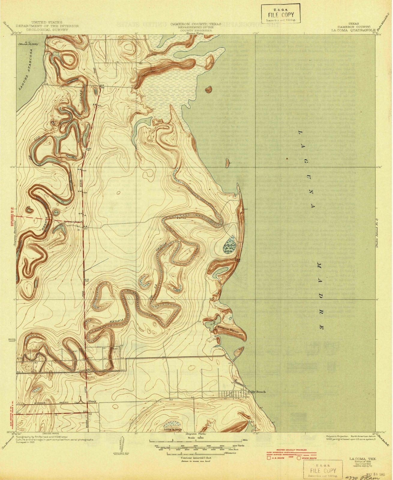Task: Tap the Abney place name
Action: pos(91,401)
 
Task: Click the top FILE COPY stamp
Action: pos(280,14)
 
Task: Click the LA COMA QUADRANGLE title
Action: pos(353,30)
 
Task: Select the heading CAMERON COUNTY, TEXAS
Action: pos(196,24)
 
